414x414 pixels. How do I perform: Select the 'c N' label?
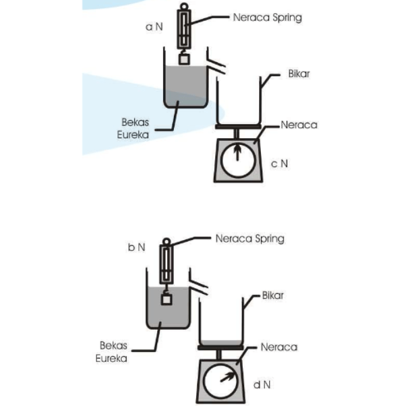[279, 164]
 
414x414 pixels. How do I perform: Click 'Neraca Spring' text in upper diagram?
[267, 17]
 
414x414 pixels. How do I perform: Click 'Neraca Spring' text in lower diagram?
[249, 239]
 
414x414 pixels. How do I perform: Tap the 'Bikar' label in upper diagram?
[299, 74]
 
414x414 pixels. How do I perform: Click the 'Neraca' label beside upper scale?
[299, 125]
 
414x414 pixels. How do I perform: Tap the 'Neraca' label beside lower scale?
[279, 347]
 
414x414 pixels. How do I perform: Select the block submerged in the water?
[167, 299]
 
